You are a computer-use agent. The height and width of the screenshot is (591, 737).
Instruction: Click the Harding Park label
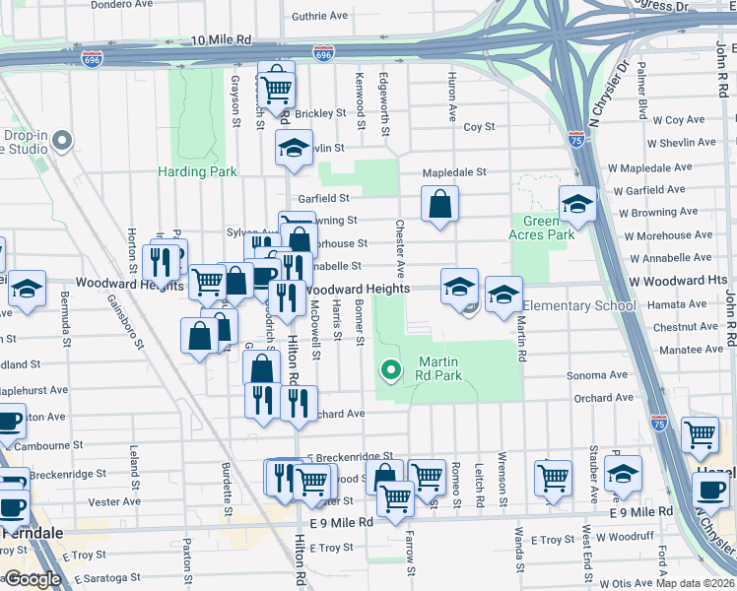click(197, 171)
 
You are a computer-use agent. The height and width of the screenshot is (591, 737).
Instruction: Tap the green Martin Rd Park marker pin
click(391, 370)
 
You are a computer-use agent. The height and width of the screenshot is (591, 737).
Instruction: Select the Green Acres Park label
click(541, 228)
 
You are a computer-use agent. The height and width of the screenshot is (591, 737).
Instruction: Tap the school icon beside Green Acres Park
click(577, 204)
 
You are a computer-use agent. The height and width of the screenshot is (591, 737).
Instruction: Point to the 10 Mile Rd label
click(221, 40)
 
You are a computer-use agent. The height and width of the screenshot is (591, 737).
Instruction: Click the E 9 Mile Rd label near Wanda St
click(639, 512)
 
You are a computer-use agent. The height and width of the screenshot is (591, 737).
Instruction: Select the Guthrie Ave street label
click(319, 16)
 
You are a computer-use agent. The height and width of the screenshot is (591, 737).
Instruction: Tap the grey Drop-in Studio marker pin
click(64, 140)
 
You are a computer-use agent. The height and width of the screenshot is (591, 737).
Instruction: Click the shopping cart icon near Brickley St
click(277, 89)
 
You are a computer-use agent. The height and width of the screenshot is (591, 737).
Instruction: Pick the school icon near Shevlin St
click(293, 148)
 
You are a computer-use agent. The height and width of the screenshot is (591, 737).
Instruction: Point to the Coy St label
click(479, 127)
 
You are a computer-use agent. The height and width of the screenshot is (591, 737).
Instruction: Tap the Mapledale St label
click(454, 172)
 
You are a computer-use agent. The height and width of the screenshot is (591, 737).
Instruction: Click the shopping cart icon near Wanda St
click(553, 478)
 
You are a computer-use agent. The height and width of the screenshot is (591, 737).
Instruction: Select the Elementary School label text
click(578, 305)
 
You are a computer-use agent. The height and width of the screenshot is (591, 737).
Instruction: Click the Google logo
click(33, 579)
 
